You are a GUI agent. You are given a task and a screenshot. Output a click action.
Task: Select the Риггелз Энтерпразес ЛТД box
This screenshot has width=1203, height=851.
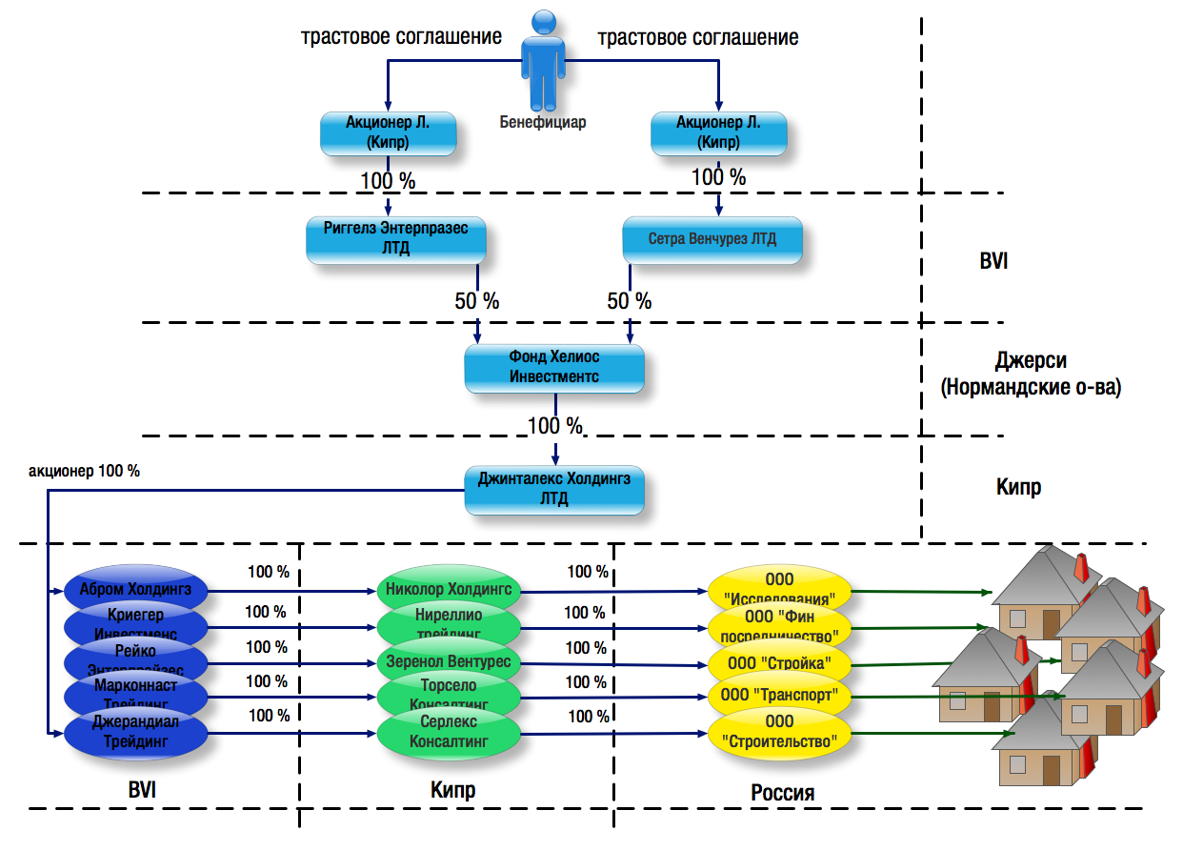[x=395, y=241]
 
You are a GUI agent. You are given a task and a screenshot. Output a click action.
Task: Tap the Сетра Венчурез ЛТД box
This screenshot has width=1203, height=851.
[x=712, y=240]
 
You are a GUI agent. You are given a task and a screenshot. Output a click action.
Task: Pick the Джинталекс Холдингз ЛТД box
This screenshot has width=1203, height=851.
[x=553, y=489]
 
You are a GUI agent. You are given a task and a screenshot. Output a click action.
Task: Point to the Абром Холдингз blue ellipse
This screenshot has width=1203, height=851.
[x=134, y=589]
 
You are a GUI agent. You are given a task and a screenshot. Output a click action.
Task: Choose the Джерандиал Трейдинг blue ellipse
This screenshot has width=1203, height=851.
[x=134, y=732]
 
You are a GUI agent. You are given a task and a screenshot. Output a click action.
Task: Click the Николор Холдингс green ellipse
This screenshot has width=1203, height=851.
[x=449, y=589]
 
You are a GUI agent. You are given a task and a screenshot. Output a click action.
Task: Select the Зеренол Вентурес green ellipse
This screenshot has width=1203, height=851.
[x=449, y=661]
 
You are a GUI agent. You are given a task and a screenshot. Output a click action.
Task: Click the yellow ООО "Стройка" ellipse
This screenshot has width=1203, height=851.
[x=779, y=662]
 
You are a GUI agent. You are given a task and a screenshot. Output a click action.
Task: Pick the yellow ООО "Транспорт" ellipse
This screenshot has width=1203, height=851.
[x=779, y=697]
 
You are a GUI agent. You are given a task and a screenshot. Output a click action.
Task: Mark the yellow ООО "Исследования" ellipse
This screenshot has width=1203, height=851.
[x=779, y=589]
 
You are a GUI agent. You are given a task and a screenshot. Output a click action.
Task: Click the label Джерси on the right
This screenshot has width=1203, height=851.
[x=1031, y=361]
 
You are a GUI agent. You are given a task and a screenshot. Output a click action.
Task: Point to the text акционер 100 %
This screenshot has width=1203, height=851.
[x=85, y=471]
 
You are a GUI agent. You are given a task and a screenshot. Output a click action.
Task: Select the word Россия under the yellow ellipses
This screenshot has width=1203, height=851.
[x=782, y=793]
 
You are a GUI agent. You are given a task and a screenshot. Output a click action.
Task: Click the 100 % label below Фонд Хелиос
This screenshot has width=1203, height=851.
[x=554, y=424]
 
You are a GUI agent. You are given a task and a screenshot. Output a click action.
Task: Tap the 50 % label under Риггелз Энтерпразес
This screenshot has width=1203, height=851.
[x=477, y=301]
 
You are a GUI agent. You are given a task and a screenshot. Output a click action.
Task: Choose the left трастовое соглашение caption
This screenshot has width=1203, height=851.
[x=401, y=38]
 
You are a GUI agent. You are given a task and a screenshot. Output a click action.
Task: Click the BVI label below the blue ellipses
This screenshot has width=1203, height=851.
[x=143, y=790]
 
